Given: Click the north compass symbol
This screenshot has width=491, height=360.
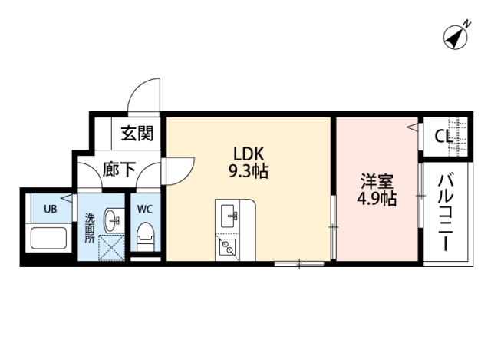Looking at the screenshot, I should [458, 37].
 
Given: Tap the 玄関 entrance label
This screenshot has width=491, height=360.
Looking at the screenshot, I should [137, 133].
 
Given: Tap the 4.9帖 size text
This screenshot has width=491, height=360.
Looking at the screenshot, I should [377, 200].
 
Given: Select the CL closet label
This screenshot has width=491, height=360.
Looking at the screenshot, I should [443, 137].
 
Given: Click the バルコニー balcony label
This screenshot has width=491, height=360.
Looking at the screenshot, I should [443, 213].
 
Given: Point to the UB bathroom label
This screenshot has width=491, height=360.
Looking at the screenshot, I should [50, 209].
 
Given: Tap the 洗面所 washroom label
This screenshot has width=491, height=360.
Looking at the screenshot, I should [89, 228].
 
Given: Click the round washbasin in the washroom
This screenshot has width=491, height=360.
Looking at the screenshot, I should [113, 220].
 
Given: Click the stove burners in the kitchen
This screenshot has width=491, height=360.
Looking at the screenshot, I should [228, 247].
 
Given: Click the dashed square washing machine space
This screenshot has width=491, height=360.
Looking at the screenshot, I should [113, 248].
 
